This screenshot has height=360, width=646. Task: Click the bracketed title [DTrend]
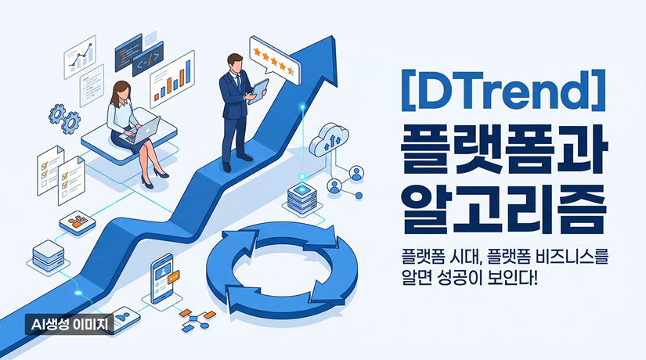pos(493,91)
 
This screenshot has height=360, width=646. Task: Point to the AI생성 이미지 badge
pos(68,324)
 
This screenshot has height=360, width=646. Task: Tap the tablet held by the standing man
pos(258,88)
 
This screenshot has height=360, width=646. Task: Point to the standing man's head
pos(234,62)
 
